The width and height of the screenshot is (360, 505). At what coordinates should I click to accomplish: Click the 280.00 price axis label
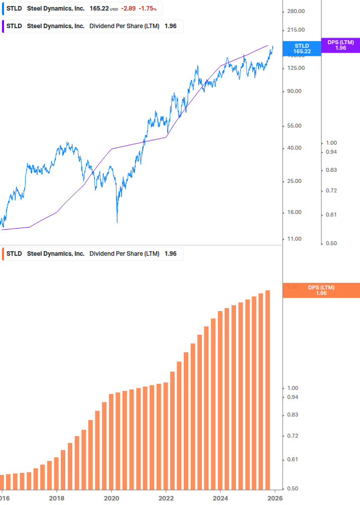[295, 12]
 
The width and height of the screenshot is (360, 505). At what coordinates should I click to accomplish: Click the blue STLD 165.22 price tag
[302, 48]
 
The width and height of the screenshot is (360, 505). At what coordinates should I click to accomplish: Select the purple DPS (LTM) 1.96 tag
[340, 45]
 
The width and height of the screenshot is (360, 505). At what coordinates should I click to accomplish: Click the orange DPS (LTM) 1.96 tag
[321, 290]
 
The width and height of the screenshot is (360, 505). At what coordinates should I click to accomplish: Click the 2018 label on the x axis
[57, 498]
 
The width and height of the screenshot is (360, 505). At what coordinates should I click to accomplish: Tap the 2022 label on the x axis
[166, 498]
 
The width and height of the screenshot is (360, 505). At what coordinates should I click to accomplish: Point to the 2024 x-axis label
[220, 498]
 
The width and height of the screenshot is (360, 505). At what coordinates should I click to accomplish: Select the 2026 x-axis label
[275, 498]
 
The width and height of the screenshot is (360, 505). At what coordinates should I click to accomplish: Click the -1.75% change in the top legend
[148, 9]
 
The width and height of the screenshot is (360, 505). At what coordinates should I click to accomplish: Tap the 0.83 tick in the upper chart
[331, 170]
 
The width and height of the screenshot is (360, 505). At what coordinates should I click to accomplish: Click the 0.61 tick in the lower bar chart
[292, 459]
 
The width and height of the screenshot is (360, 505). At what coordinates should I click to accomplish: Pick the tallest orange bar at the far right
[268, 392]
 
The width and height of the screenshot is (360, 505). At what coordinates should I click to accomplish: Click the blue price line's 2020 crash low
[117, 222]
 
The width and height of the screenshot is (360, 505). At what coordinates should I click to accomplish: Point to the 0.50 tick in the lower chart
[292, 488]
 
